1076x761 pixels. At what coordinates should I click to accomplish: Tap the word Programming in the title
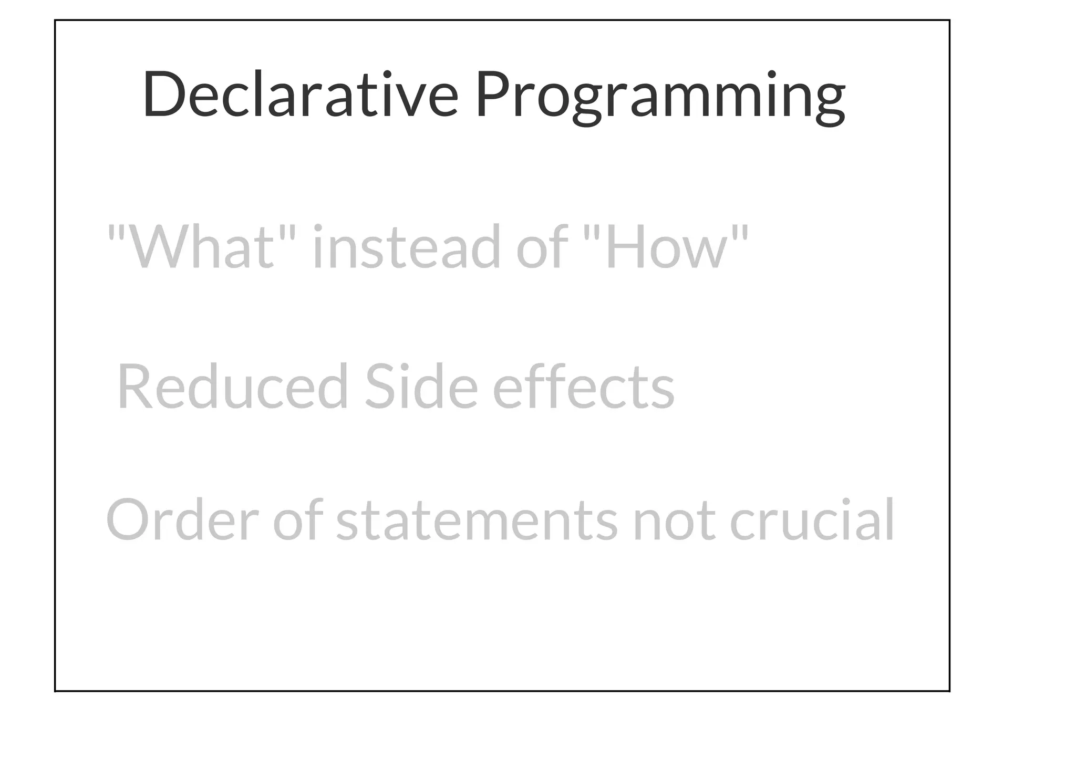pyautogui.click(x=660, y=98)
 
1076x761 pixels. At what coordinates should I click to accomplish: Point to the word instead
pyautogui.click(x=406, y=247)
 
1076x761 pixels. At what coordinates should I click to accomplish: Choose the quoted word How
pyautogui.click(x=666, y=247)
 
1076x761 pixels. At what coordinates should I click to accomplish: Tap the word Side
pyautogui.click(x=421, y=387)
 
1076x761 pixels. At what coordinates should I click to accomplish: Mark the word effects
pyautogui.click(x=583, y=387)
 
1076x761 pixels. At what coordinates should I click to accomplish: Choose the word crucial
pyautogui.click(x=812, y=520)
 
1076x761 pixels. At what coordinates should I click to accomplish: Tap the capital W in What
pyautogui.click(x=153, y=247)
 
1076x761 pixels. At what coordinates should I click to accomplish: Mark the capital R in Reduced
pyautogui.click(x=134, y=387)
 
